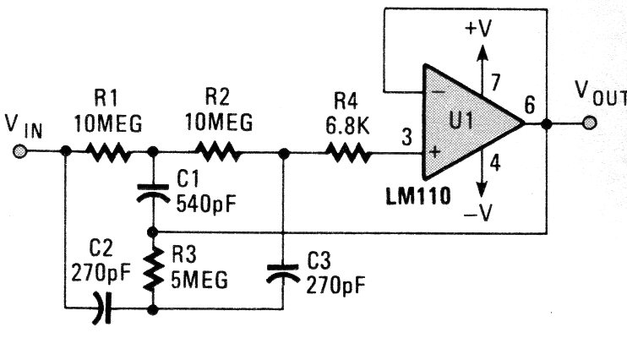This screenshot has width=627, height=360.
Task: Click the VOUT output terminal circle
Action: point(589,123)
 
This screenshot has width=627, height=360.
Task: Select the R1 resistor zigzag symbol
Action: point(107,153)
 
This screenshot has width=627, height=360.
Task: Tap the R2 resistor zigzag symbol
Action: point(218,153)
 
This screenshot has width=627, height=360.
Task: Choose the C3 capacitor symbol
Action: point(282,271)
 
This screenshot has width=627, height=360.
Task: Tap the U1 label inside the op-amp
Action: point(461,122)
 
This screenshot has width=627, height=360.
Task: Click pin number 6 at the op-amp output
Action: point(530,106)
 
